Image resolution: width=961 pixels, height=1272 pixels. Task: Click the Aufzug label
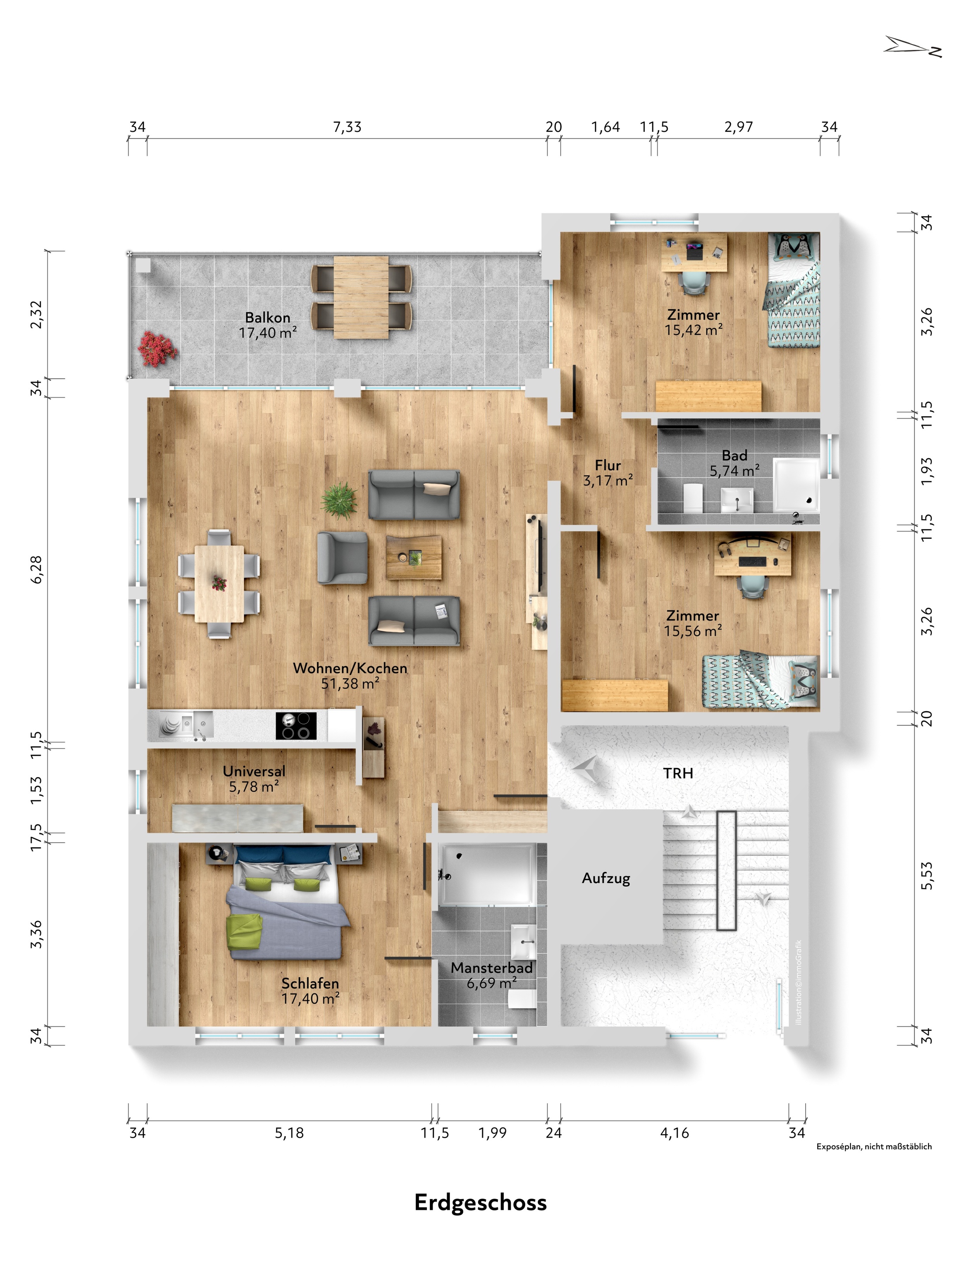(606, 878)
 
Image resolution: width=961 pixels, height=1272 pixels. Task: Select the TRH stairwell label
(678, 774)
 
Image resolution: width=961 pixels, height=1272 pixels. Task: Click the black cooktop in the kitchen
(296, 726)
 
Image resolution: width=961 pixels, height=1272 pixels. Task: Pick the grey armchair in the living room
(342, 558)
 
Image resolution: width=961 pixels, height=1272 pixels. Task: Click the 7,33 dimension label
(347, 127)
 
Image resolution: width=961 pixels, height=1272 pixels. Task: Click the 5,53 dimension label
(927, 876)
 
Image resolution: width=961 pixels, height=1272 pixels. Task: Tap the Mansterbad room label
(492, 968)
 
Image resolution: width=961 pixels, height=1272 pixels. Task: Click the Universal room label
(254, 771)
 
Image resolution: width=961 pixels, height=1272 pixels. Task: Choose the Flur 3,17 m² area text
(608, 473)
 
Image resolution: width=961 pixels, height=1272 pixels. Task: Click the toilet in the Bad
(693, 497)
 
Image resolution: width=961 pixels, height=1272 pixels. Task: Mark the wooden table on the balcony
(361, 297)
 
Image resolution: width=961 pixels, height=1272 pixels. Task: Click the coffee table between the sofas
(413, 557)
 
